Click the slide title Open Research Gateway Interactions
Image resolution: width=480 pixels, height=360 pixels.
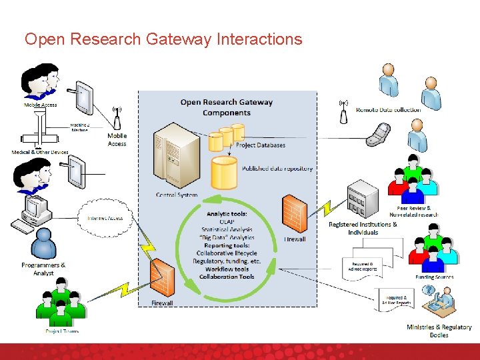pos(163,39)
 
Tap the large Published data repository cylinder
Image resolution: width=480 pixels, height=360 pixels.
pos(224,172)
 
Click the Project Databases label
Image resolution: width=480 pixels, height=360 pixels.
pos(260,145)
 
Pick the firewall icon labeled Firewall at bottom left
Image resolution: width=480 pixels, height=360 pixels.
pos(161,279)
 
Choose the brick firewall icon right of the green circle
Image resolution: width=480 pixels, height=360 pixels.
pos(295,213)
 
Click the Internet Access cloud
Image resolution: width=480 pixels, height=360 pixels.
pos(105,218)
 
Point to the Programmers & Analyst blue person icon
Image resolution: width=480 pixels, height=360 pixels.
pos(44,243)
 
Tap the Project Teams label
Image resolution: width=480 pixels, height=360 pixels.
pos(62,331)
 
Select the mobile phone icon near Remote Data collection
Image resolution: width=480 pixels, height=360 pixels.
pos(377,135)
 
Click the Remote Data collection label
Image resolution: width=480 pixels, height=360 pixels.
pos(388,110)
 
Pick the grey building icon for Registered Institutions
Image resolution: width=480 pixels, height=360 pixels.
pos(363,198)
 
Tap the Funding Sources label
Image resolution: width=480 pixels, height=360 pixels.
pos(435,277)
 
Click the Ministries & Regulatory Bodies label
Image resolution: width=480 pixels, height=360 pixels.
pos(439,331)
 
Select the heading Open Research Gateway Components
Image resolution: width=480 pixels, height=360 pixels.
pos(227,107)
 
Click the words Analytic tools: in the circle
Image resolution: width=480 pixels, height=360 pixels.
pos(227,214)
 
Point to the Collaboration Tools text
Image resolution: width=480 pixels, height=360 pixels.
pos(227,277)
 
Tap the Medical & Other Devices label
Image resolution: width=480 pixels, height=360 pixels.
pos(40,152)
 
